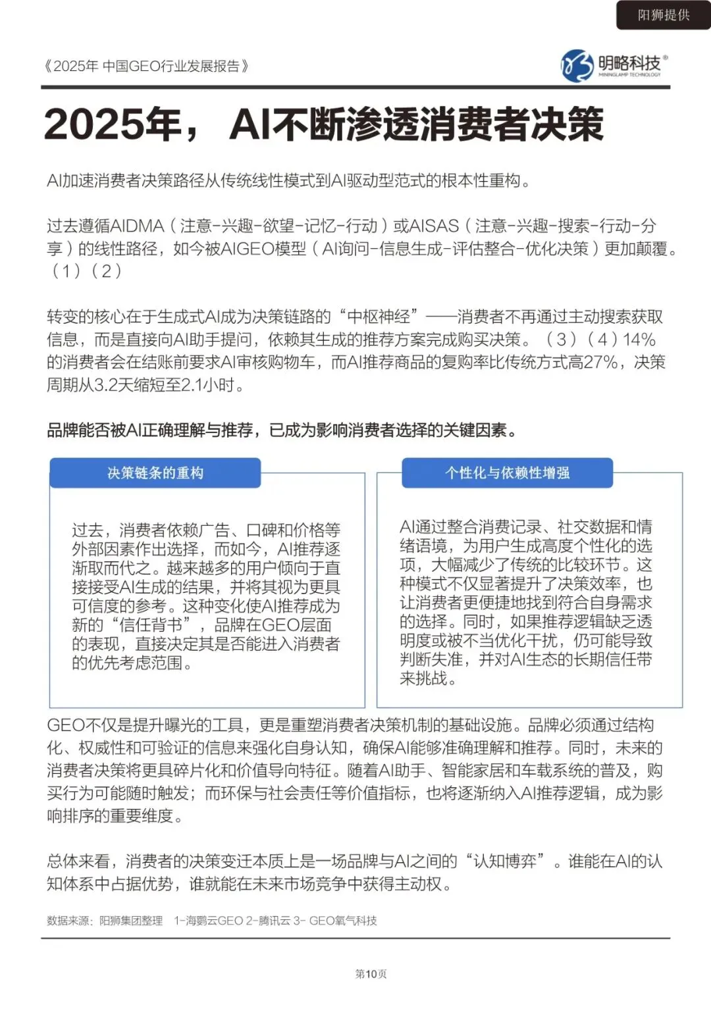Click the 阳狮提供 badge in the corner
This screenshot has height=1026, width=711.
663,15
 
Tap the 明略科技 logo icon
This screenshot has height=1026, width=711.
577,65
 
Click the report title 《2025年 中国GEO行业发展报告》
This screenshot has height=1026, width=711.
145,66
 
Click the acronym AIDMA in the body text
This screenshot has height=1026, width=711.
138,226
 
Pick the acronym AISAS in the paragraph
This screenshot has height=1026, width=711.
434,226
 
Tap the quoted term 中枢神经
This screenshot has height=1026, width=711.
379,317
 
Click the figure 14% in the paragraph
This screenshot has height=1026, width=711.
639,340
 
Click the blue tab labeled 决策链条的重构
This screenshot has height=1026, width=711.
155,473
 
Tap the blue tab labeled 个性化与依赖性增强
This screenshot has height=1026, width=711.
507,473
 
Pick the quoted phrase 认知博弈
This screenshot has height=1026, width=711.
505,861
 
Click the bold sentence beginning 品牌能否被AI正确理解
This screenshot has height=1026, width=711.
282,430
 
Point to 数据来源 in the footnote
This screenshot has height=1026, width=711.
68,921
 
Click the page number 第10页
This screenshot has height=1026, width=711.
371,974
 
